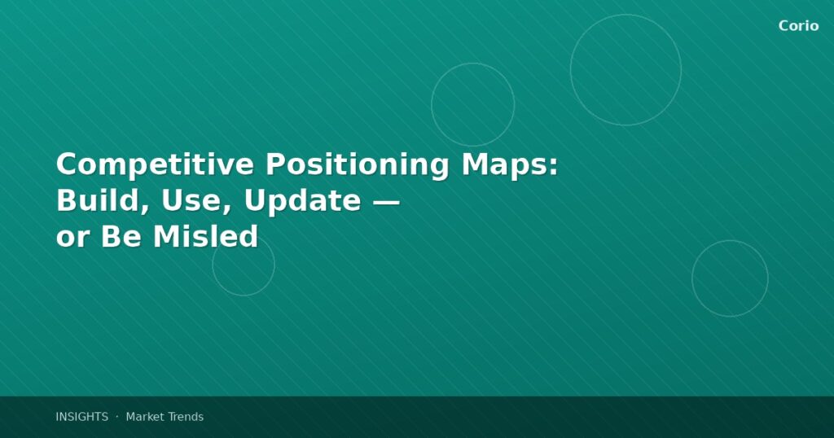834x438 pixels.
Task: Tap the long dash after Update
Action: click(x=385, y=201)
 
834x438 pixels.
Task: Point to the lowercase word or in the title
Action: click(x=72, y=239)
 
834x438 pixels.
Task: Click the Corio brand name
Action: click(x=798, y=26)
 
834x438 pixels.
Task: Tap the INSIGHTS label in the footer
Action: click(x=81, y=417)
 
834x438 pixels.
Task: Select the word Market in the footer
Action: click(x=145, y=417)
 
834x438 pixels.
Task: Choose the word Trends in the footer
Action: click(x=186, y=417)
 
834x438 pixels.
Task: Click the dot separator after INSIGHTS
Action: click(x=116, y=417)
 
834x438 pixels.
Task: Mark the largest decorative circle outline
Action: click(x=625, y=70)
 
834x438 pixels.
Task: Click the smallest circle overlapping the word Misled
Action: click(x=244, y=265)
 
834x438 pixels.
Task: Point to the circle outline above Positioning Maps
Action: click(x=472, y=104)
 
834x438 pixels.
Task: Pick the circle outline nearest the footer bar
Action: click(x=730, y=278)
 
